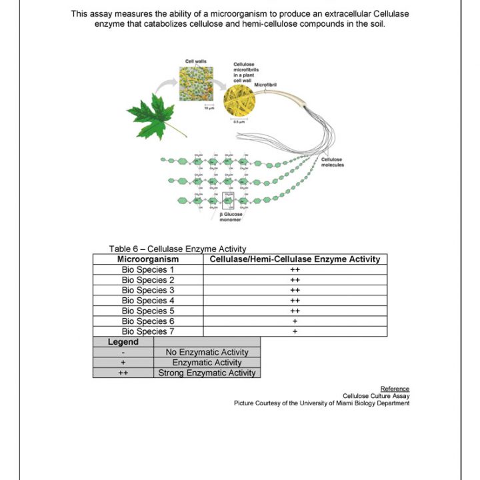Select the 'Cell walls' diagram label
pos(195,61)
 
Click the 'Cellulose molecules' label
pos(332,162)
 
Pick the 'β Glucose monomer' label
pos(231,217)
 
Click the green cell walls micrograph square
pos(196,83)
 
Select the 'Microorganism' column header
pos(148,259)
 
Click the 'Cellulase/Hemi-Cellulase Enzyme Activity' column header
pos(295,259)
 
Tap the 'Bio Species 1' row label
pos(148,269)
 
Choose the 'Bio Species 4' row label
pos(148,301)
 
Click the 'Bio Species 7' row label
pos(148,331)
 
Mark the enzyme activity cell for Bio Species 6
pos(295,321)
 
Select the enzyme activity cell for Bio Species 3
pos(295,290)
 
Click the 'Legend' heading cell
pos(123,342)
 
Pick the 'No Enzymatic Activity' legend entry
pos(207,352)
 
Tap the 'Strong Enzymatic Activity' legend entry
pos(207,373)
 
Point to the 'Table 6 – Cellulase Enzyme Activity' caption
pos(178,249)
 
